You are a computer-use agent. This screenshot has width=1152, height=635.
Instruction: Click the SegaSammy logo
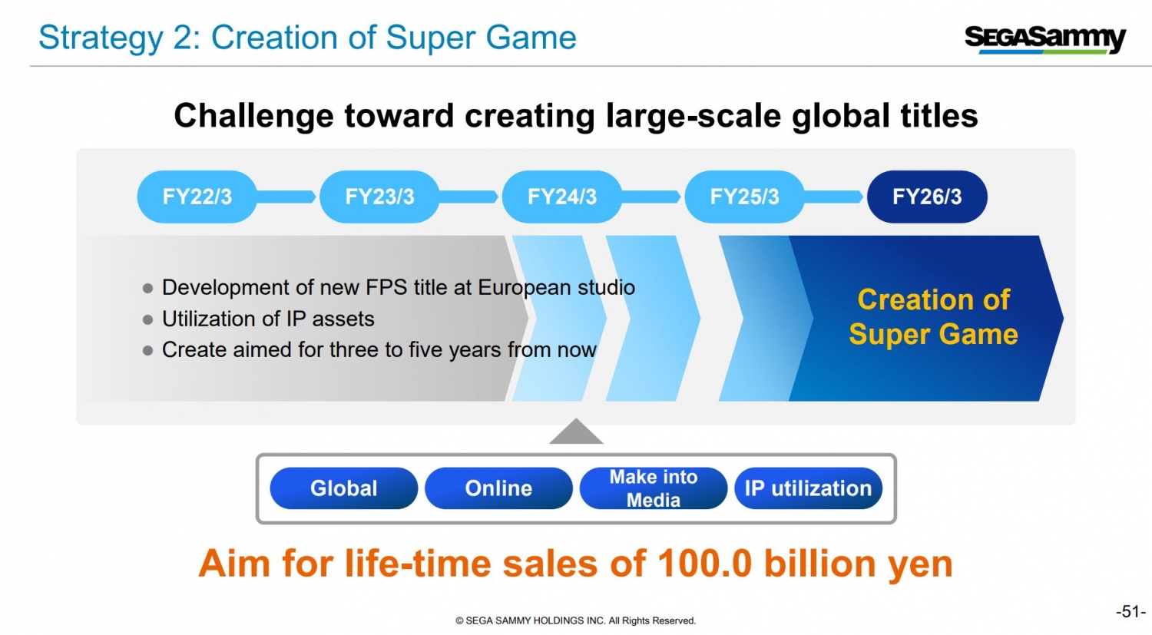pyautogui.click(x=1044, y=38)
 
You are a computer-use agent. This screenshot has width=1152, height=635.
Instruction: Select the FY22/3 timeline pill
pyautogui.click(x=197, y=197)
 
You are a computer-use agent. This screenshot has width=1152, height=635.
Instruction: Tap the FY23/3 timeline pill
pyautogui.click(x=379, y=197)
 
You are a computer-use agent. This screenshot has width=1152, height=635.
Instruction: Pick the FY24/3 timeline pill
pyautogui.click(x=561, y=197)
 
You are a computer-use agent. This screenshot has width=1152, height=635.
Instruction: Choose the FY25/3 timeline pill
pyautogui.click(x=744, y=197)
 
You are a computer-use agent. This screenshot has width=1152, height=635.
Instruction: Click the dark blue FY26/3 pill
pyautogui.click(x=927, y=197)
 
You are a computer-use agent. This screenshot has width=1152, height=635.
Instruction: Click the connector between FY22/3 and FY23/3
pyautogui.click(x=287, y=197)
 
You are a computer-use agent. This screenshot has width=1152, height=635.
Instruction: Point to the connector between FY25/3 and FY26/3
pyautogui.click(x=835, y=197)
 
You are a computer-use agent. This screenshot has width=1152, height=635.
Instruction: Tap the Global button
pyautogui.click(x=343, y=488)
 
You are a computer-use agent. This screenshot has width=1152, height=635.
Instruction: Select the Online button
pyautogui.click(x=498, y=488)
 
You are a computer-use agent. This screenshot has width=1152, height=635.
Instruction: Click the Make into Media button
pyautogui.click(x=654, y=488)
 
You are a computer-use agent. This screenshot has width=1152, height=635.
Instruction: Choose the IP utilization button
pyautogui.click(x=808, y=488)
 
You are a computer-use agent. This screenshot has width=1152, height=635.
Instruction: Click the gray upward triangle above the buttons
pyautogui.click(x=576, y=433)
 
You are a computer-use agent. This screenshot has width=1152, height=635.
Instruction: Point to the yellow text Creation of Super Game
pyautogui.click(x=933, y=317)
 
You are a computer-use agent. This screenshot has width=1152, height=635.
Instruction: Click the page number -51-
pyautogui.click(x=1130, y=611)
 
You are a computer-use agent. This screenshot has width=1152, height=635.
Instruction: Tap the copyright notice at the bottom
pyautogui.click(x=575, y=620)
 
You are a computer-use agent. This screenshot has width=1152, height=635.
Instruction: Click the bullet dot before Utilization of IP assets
pyautogui.click(x=148, y=319)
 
